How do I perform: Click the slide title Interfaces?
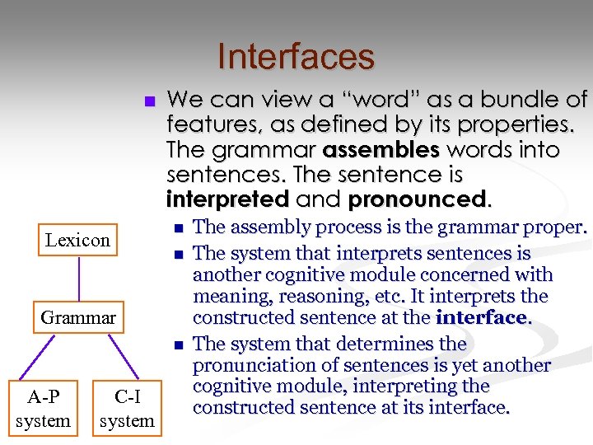[296, 57]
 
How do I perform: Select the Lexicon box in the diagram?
[77, 241]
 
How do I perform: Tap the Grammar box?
[78, 317]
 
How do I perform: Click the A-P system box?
[43, 409]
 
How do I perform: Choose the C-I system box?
[127, 409]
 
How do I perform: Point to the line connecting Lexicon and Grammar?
[78, 279]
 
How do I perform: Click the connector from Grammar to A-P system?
[48, 359]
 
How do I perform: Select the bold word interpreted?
[227, 200]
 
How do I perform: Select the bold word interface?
[483, 318]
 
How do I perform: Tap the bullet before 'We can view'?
[149, 101]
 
